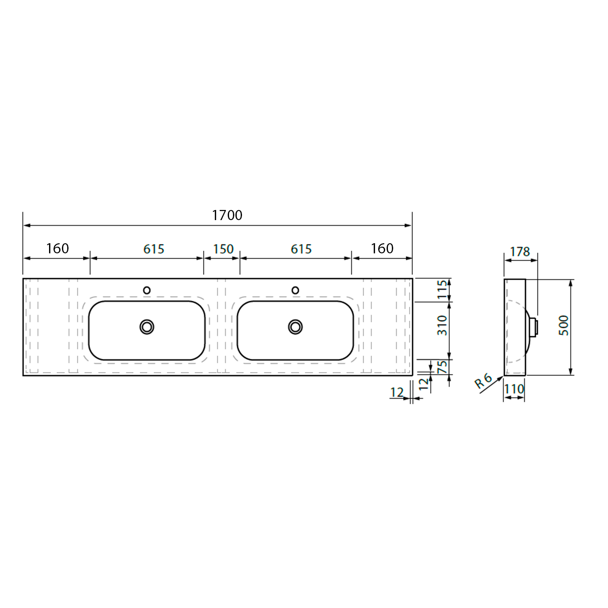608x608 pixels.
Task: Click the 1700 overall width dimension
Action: (x=227, y=215)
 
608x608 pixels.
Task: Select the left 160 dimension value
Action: (x=58, y=248)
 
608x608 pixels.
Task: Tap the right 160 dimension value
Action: (x=382, y=248)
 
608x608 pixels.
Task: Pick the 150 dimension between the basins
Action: (x=223, y=249)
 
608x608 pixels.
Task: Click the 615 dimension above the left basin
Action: (x=154, y=249)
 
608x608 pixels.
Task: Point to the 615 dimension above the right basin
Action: (x=301, y=249)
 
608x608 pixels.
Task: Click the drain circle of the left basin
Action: (x=147, y=327)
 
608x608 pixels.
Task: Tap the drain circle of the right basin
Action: (x=295, y=327)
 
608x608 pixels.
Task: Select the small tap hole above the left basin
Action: (x=147, y=290)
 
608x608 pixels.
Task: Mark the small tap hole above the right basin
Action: (x=295, y=290)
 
